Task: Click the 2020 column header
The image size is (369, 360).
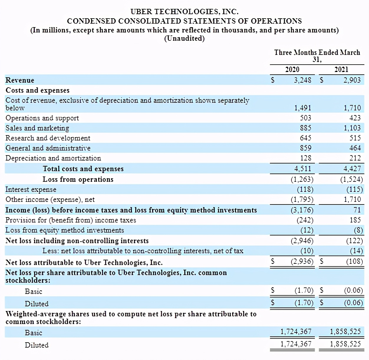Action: click(292, 70)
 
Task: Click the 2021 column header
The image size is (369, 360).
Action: click(341, 70)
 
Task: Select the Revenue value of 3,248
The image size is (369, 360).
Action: click(302, 80)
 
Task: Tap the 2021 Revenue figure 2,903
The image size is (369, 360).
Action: click(352, 80)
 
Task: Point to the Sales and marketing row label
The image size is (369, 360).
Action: click(37, 128)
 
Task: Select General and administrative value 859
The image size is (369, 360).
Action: click(305, 148)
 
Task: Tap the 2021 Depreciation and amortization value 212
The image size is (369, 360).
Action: click(355, 158)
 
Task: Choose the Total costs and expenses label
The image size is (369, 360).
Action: click(83, 169)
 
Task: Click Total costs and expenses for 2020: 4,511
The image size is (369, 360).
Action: click(302, 169)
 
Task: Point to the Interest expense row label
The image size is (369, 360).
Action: click(31, 189)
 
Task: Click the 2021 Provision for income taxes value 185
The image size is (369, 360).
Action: click(355, 220)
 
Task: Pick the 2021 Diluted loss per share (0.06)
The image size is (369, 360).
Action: click(353, 303)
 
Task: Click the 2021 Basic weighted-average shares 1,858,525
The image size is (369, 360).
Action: click(345, 332)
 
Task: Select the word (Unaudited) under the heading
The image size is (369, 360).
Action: click(184, 38)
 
